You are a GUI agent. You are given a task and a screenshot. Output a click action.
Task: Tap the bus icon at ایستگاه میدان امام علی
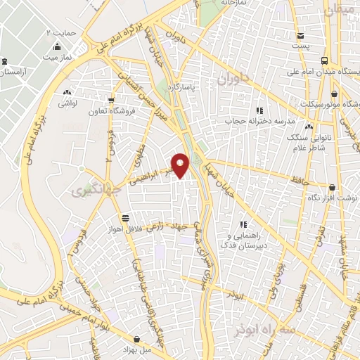coord(326,60)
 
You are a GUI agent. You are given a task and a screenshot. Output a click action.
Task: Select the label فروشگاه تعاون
coord(107,111)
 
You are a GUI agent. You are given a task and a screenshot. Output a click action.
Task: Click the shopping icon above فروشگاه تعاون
coord(110,99)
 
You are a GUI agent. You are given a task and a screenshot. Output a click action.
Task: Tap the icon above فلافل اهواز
coord(125,217)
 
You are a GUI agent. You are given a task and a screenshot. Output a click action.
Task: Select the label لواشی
coord(67,103)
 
